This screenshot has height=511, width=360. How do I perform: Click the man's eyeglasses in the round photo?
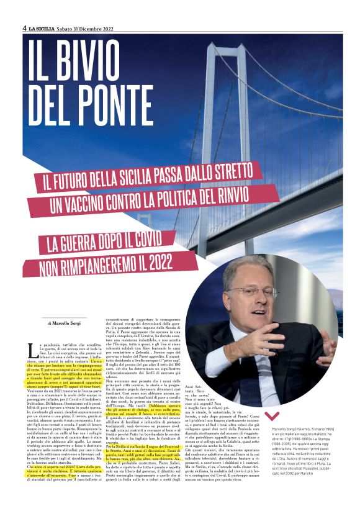pos(252,292)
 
